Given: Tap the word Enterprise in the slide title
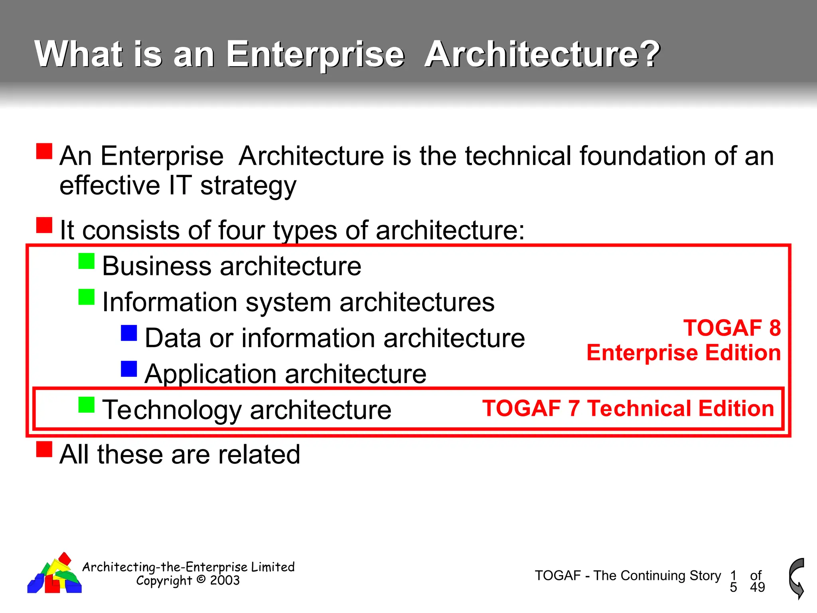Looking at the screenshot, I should (315, 55).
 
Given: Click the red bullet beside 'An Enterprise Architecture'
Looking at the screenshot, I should (44, 151).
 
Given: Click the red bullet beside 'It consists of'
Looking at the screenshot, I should (44, 225).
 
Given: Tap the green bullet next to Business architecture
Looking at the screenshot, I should (87, 261).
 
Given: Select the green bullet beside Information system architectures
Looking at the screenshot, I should (87, 297).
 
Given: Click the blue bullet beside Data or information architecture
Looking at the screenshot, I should (129, 333).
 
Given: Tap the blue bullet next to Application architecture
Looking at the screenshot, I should (129, 369).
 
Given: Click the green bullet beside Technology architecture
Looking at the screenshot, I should (87, 405).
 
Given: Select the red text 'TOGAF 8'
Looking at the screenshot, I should (732, 328).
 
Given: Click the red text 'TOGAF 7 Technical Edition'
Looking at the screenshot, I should (628, 409).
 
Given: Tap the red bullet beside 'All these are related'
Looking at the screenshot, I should (44, 449).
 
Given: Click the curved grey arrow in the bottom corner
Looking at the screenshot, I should (797, 578).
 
